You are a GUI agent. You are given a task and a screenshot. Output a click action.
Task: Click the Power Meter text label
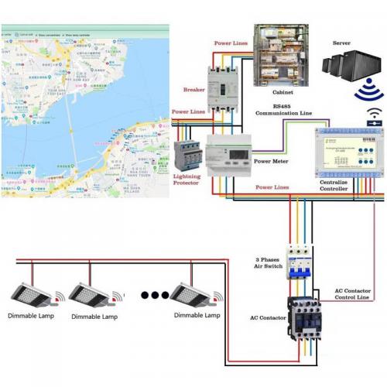(272, 163)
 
